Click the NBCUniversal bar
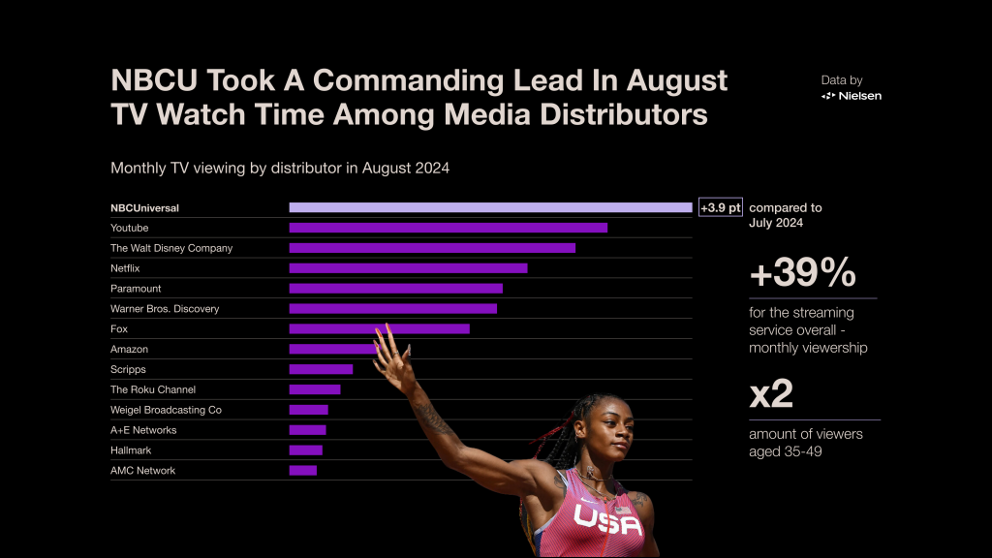click(490, 207)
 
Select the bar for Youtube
click(448, 228)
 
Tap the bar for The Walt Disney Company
click(432, 248)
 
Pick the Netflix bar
click(408, 268)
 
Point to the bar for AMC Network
click(303, 471)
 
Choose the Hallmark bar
click(305, 450)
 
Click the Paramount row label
click(136, 289)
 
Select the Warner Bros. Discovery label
click(165, 309)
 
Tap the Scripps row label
click(128, 369)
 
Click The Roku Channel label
click(153, 389)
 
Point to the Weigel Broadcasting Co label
click(166, 410)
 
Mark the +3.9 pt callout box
click(720, 207)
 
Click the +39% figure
click(802, 274)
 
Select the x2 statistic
click(771, 394)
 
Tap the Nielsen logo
click(852, 96)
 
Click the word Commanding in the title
click(444, 79)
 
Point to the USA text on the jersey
click(607, 520)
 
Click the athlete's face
click(606, 431)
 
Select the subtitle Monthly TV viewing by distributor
click(280, 168)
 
